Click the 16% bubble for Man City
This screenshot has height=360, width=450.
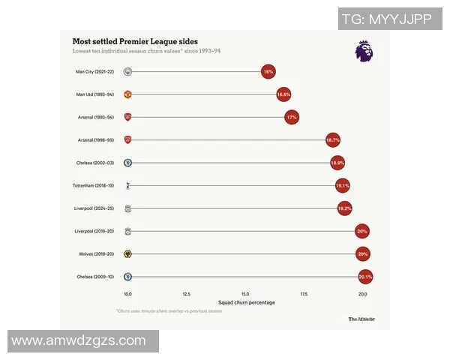(268, 72)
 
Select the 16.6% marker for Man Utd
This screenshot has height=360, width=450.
(283, 95)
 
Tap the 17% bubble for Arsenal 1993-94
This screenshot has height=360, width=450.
(292, 118)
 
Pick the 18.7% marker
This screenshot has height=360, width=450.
(333, 140)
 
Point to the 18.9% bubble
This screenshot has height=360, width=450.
(337, 163)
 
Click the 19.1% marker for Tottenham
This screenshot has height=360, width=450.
(343, 185)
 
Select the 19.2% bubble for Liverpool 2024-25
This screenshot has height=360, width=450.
(344, 208)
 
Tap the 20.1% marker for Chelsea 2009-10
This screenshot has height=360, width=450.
(365, 277)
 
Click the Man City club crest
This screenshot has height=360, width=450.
(128, 72)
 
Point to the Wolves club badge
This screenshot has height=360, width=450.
(128, 254)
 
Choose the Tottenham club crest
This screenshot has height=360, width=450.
(128, 185)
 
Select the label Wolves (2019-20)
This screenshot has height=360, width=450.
(95, 254)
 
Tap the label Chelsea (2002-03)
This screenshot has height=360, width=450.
(94, 163)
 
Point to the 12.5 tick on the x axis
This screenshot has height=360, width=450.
(186, 294)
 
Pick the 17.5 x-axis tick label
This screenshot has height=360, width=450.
(304, 294)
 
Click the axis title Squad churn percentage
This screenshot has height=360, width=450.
(245, 303)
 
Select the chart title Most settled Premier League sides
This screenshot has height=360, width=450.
(135, 41)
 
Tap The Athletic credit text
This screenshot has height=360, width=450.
(361, 319)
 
